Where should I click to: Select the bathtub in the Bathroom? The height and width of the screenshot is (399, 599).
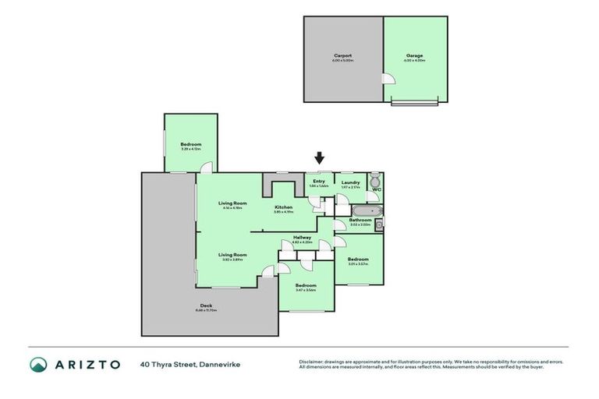click(x=366, y=210)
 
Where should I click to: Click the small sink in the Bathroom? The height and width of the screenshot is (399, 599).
click(x=378, y=225)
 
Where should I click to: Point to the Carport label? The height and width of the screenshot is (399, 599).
click(x=342, y=56)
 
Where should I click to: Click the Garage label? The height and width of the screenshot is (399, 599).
click(x=414, y=56)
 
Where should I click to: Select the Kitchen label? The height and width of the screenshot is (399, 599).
click(x=283, y=207)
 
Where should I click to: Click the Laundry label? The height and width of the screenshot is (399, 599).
click(x=350, y=182)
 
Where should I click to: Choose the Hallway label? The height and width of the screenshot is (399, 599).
click(x=303, y=237)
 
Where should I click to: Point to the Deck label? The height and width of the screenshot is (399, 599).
click(x=206, y=305)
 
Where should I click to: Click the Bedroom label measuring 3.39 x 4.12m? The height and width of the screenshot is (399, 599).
click(x=191, y=144)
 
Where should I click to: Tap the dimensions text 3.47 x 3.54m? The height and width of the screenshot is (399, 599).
click(x=306, y=290)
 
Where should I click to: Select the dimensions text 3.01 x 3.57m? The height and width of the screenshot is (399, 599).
click(x=358, y=263)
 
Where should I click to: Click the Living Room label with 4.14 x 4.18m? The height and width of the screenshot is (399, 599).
click(x=232, y=203)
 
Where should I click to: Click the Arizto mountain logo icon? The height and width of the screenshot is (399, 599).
click(x=39, y=364)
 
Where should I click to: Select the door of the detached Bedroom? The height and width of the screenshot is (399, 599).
click(x=204, y=168)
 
